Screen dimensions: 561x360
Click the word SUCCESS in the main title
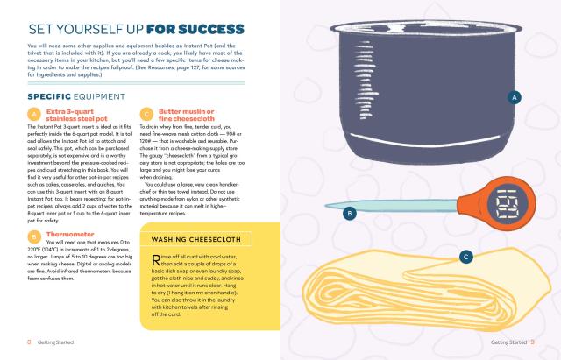coord(211,29)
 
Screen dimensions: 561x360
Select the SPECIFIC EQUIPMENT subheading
coord(76,97)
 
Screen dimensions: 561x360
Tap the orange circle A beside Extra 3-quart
coord(34,115)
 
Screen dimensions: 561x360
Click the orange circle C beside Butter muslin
coord(146,115)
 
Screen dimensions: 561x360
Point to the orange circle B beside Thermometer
coord(34,237)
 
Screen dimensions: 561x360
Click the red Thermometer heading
coord(70,234)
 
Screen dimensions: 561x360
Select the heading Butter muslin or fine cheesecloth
coord(187,115)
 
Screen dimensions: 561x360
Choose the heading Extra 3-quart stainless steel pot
coord(76,115)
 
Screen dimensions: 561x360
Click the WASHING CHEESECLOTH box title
coord(196,239)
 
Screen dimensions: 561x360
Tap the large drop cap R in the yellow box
coord(156,260)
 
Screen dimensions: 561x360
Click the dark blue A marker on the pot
coord(515,97)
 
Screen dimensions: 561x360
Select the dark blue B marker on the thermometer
coord(350,214)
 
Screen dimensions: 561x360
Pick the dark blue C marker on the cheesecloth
coord(465,257)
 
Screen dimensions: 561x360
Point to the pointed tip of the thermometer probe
coord(325,206)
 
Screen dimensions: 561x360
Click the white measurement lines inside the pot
coord(366,81)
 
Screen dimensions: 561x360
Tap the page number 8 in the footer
coord(29,342)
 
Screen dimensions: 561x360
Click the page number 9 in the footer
coord(532,342)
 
